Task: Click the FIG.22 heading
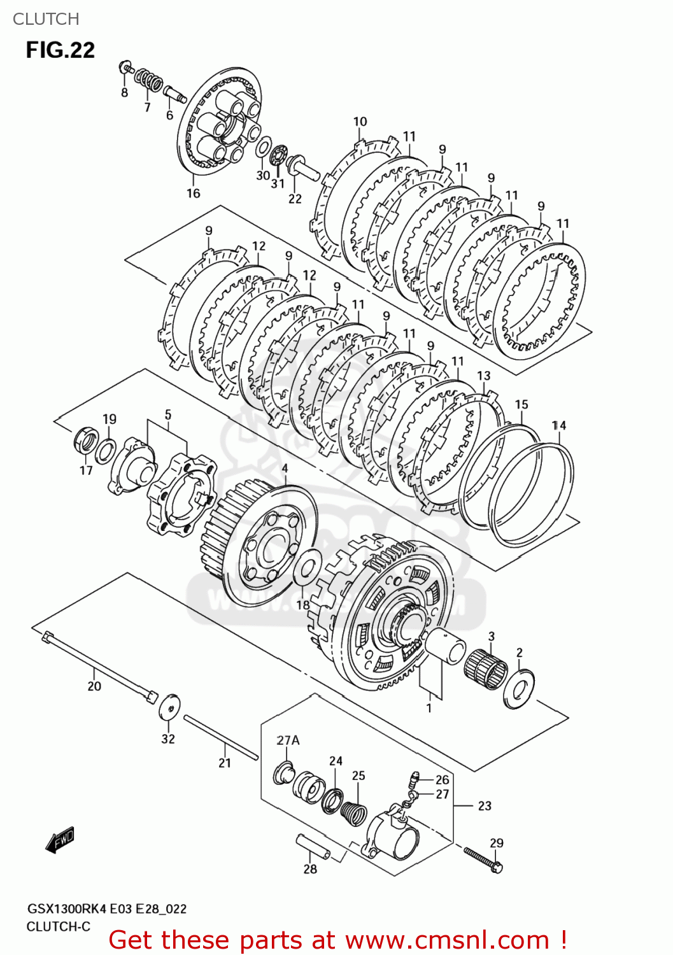(60, 50)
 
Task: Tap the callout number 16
(194, 193)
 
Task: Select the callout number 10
(360, 122)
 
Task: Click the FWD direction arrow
(60, 840)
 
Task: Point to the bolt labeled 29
(482, 859)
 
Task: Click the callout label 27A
(288, 740)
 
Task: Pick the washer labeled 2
(519, 688)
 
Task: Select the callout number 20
(94, 686)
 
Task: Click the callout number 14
(558, 425)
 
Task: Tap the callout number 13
(484, 376)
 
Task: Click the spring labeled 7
(150, 81)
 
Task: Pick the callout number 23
(485, 806)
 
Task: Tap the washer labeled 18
(307, 567)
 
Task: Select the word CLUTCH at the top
(46, 19)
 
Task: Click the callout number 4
(285, 469)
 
